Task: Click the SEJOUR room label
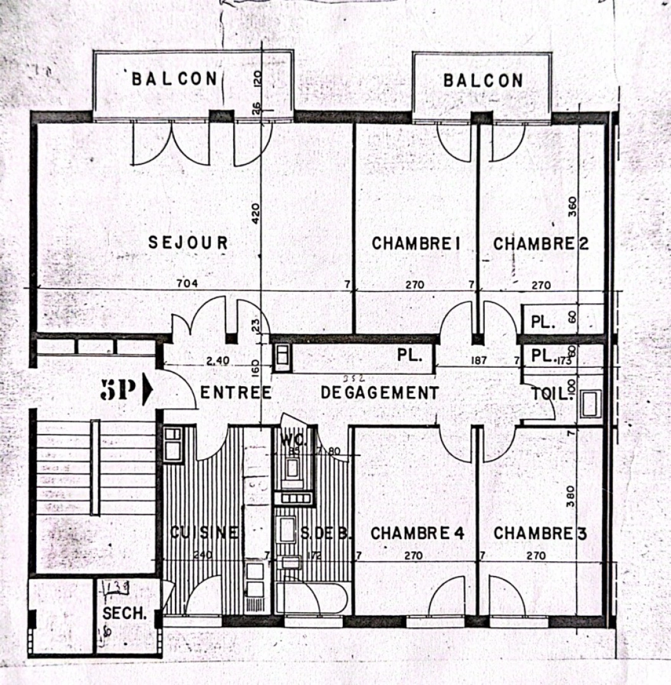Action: coord(188,242)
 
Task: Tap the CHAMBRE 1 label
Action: coord(415,244)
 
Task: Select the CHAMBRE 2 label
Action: coord(540,244)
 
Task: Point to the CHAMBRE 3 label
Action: coord(540,533)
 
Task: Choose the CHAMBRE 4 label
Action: coord(418,533)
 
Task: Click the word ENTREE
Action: coord(236,393)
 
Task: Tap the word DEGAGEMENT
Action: coord(380,393)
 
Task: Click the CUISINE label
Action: coord(204,533)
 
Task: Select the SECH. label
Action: coord(124,614)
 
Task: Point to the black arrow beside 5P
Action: coord(148,391)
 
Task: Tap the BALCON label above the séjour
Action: coord(174,79)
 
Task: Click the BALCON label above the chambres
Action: coord(483,81)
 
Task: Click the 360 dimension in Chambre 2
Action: coord(573,207)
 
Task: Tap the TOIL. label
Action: coord(552,393)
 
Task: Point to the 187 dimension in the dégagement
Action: coord(478,360)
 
